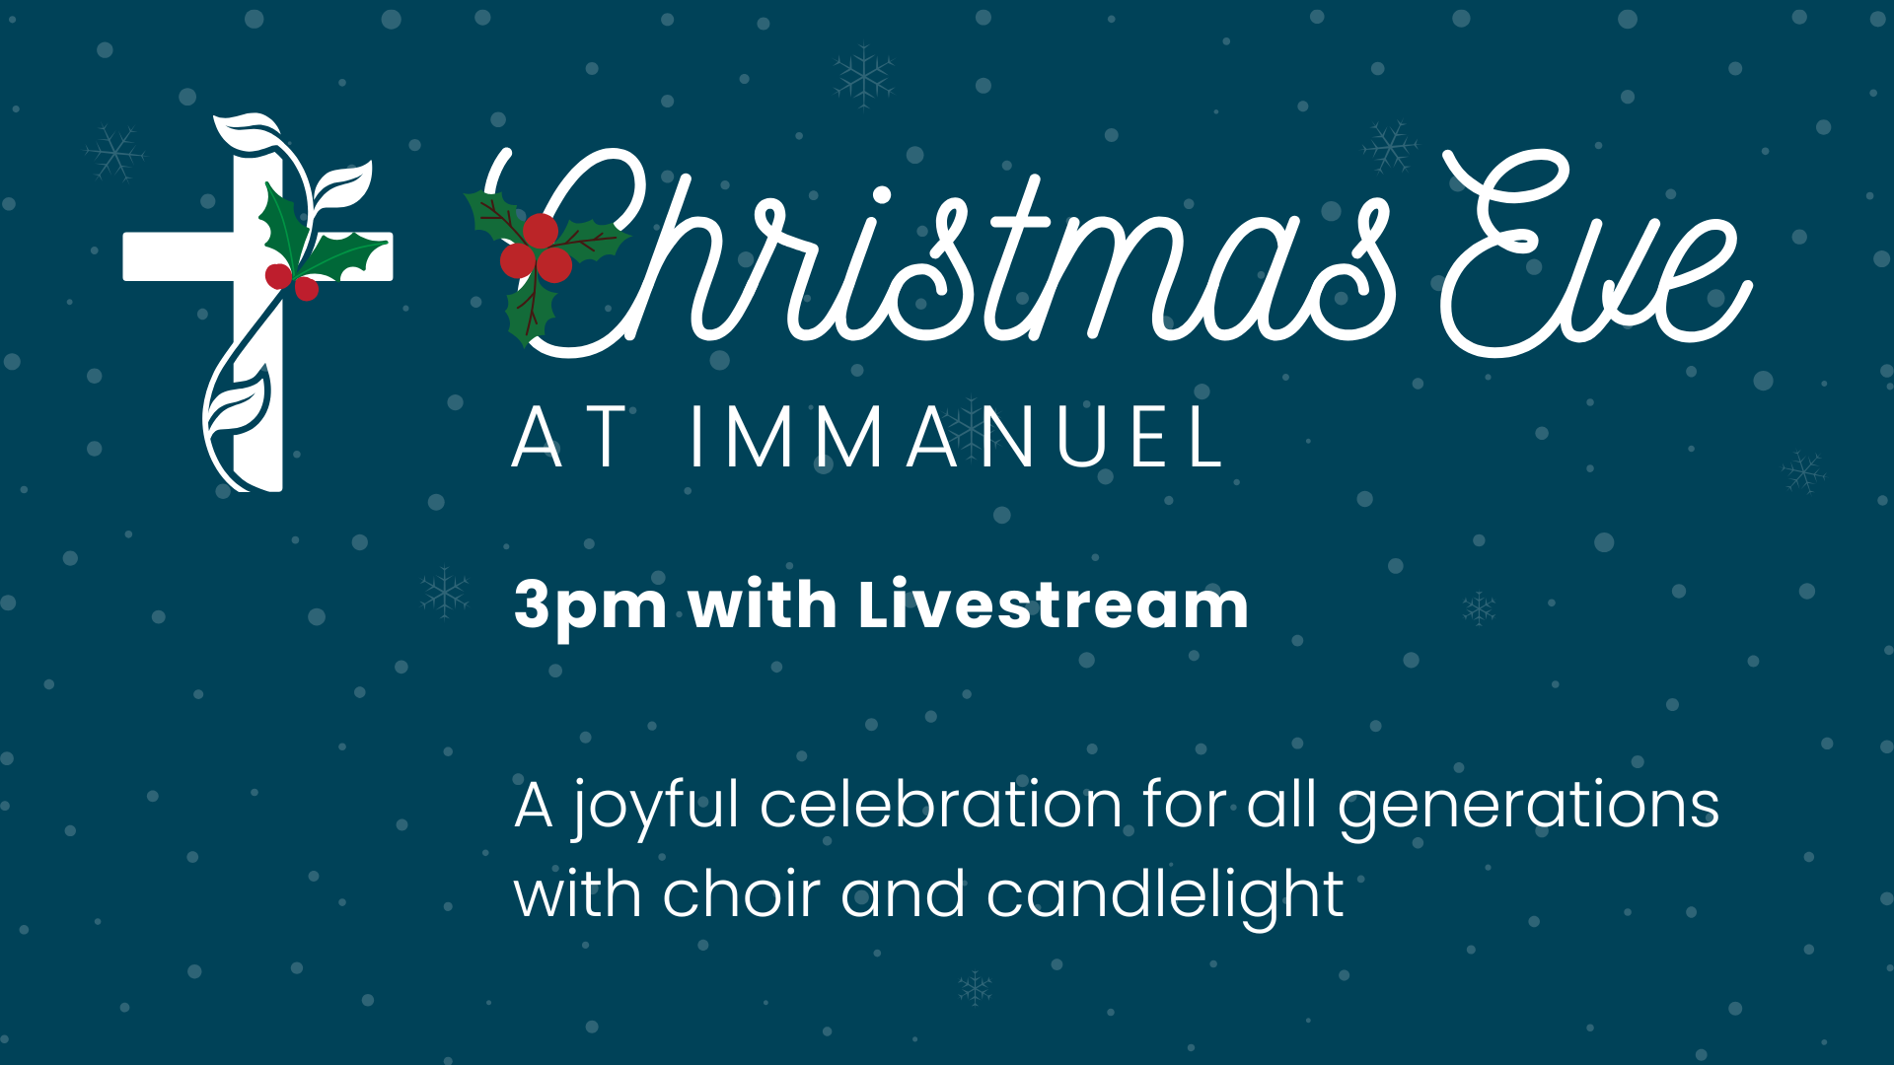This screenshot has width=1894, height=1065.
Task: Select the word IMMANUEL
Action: [955, 437]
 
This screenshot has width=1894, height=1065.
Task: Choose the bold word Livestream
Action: [1053, 603]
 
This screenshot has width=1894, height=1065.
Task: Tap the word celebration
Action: [941, 804]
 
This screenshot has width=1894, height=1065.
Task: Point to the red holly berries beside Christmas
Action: [538, 248]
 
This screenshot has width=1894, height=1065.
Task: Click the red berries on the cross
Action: [293, 281]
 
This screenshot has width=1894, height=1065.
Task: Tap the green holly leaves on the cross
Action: [316, 237]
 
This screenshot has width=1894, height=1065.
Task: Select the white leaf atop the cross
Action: [247, 131]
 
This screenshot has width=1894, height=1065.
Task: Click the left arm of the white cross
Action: [178, 256]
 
